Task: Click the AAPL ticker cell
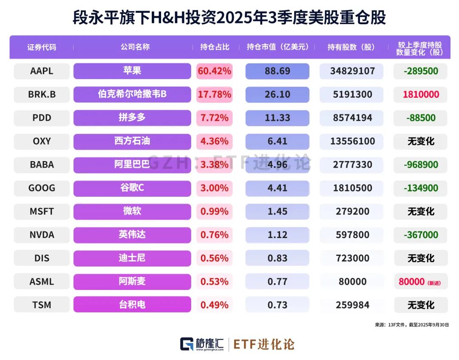click(x=42, y=71)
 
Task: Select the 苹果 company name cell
click(x=132, y=71)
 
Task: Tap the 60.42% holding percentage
click(x=214, y=71)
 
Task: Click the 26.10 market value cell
click(x=277, y=94)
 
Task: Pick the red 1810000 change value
click(x=421, y=94)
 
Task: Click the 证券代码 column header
click(x=42, y=47)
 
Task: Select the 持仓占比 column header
click(x=215, y=47)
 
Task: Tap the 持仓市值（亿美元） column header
click(x=278, y=47)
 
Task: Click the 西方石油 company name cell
click(x=132, y=141)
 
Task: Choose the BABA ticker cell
click(x=42, y=164)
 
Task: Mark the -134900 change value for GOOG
click(x=421, y=188)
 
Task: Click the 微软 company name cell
click(x=132, y=211)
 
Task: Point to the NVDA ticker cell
click(x=42, y=235)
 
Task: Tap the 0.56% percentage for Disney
click(x=214, y=258)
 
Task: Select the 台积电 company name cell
click(x=132, y=305)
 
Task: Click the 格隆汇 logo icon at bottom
click(x=187, y=344)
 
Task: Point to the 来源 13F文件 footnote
click(x=411, y=325)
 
